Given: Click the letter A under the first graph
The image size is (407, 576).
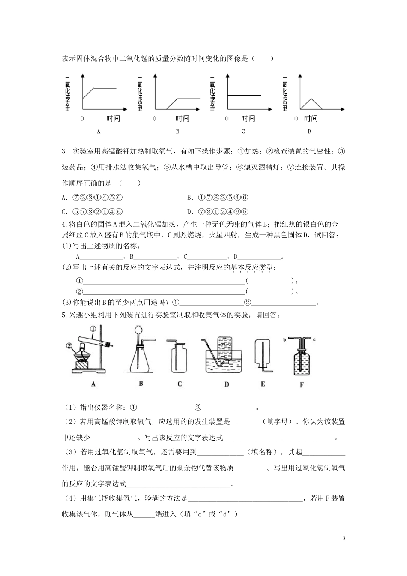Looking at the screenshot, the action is (x=99, y=131).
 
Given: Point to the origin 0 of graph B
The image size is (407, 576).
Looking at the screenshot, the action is (x=154, y=119).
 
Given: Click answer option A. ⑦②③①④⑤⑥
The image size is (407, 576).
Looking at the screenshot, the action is (x=93, y=198).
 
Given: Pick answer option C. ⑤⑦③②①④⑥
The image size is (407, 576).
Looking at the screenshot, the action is (x=93, y=211).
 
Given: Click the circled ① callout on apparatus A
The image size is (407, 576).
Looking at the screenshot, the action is (x=93, y=328).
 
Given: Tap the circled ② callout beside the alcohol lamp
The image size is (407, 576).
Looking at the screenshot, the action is (x=69, y=344).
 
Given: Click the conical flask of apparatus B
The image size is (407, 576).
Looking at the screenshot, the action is (x=139, y=360).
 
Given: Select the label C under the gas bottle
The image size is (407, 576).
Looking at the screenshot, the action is (x=180, y=384).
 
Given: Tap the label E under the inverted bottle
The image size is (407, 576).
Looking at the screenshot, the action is (x=263, y=384).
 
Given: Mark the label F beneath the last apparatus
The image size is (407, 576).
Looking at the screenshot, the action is (x=302, y=385).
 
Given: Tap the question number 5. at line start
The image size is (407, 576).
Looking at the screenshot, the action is (x=64, y=315).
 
